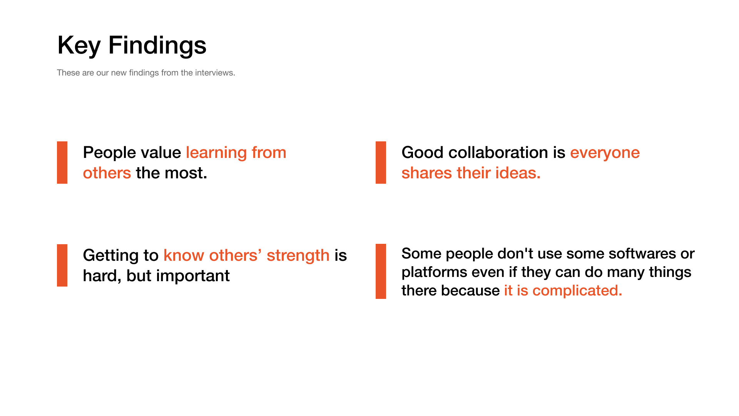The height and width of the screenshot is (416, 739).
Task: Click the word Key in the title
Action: point(79,46)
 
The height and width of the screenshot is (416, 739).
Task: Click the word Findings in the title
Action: point(157,46)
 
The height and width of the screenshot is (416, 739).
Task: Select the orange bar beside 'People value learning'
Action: point(62,163)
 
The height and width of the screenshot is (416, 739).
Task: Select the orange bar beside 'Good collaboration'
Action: point(381,163)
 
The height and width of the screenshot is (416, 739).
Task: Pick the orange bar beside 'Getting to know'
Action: point(62,265)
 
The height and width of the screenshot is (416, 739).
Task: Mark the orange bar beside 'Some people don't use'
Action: point(381,271)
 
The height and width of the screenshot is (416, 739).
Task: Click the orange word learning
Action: point(216,153)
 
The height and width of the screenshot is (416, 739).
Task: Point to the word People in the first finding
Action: point(105,153)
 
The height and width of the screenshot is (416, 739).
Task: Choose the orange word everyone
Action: point(605,153)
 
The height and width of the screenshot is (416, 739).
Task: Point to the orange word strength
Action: point(298,256)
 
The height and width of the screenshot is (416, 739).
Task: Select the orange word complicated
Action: point(577,291)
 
